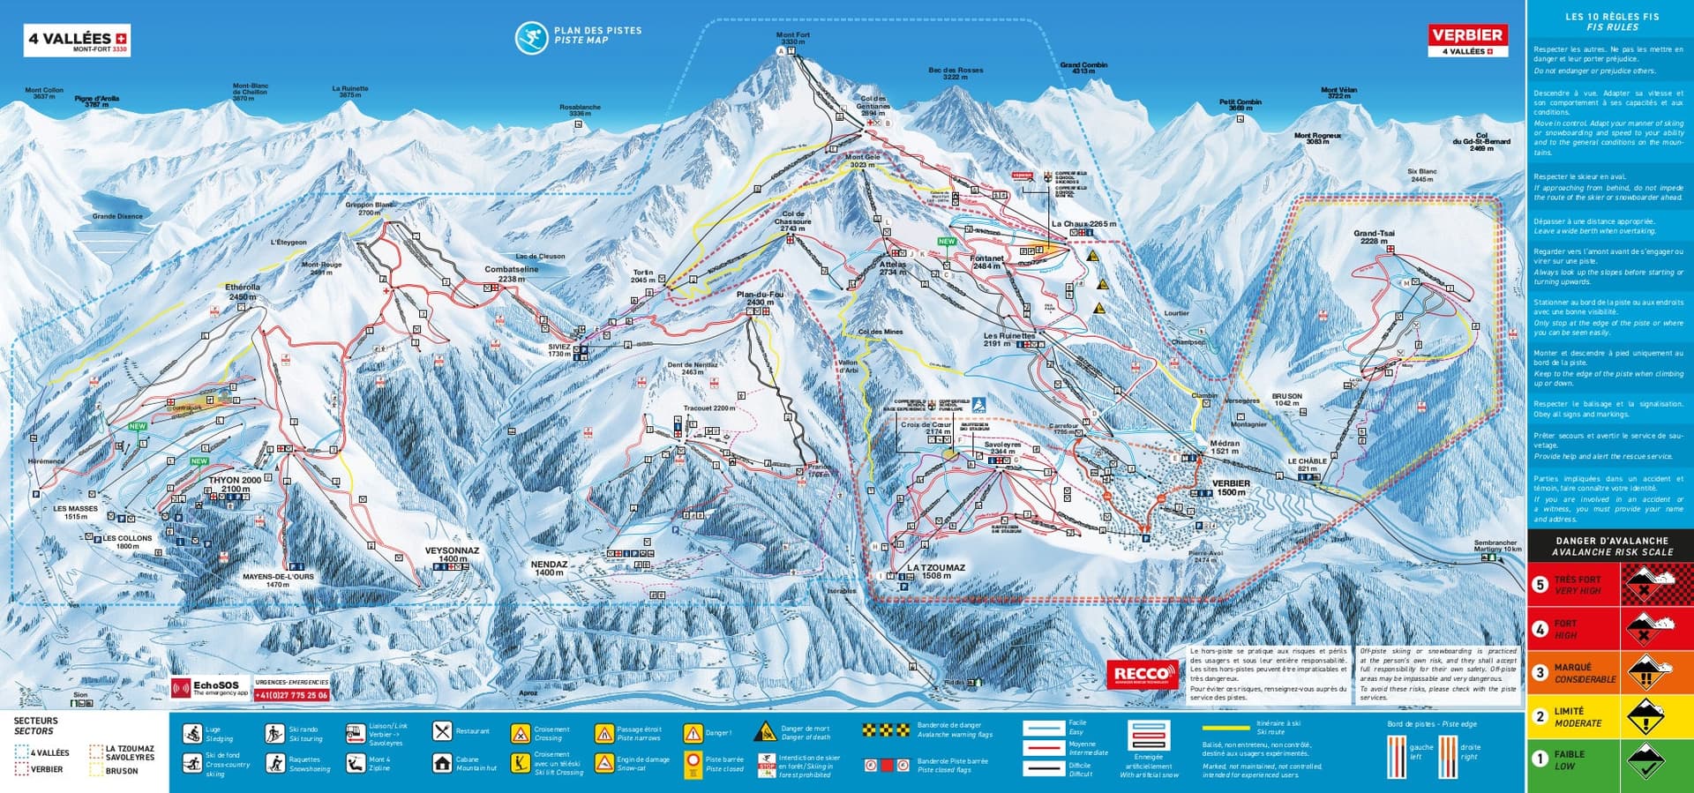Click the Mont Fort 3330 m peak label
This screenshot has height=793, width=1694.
pyautogui.click(x=792, y=38)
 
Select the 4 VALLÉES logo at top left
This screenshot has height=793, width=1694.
pyautogui.click(x=77, y=40)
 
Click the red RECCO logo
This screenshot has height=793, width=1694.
pyautogui.click(x=1143, y=675)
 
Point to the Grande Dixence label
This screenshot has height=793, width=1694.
pyautogui.click(x=116, y=216)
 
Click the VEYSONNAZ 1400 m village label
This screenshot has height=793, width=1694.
pyautogui.click(x=452, y=554)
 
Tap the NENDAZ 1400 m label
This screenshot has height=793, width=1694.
pyautogui.click(x=549, y=568)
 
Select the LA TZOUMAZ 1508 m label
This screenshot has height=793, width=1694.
pyautogui.click(x=935, y=572)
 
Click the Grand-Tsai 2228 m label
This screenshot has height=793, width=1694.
pyautogui.click(x=1374, y=237)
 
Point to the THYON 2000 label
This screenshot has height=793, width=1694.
pyautogui.click(x=235, y=484)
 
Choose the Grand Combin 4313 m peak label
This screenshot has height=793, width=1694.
pyautogui.click(x=1083, y=68)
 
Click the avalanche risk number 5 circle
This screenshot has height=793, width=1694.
pyautogui.click(x=1540, y=584)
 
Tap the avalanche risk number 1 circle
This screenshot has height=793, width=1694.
pyautogui.click(x=1540, y=759)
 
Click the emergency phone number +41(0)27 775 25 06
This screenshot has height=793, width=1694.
pyautogui.click(x=292, y=695)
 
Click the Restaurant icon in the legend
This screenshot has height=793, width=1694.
pyautogui.click(x=442, y=731)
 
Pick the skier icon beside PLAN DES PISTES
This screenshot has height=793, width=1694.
pyautogui.click(x=531, y=36)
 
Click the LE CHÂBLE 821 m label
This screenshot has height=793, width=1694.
pyautogui.click(x=1307, y=465)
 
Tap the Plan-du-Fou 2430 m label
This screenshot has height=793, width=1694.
pyautogui.click(x=760, y=298)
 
